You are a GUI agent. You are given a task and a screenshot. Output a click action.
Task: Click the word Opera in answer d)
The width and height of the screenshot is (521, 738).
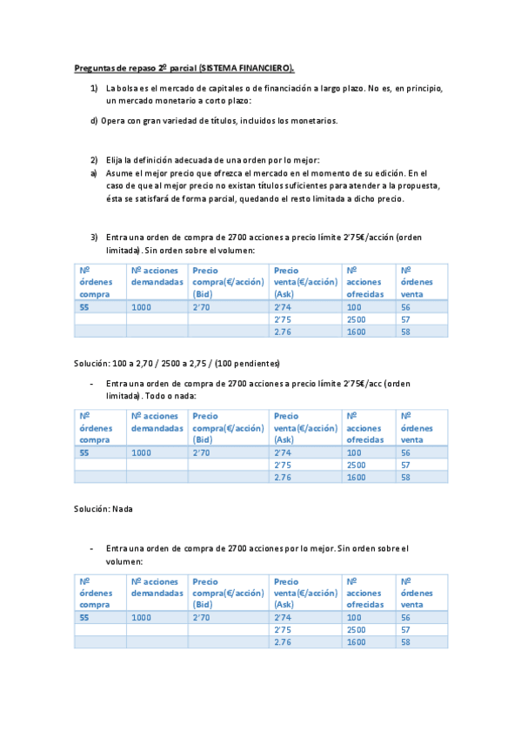click(113, 121)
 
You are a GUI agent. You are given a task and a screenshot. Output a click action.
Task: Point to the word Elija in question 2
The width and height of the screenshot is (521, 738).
click(117, 160)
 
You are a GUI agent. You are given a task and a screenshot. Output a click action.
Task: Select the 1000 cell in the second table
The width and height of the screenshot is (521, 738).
click(140, 453)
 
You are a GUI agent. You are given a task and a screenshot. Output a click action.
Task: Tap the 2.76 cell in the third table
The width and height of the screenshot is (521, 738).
click(282, 641)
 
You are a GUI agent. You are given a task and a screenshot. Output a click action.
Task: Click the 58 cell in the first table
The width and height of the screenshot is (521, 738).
click(405, 331)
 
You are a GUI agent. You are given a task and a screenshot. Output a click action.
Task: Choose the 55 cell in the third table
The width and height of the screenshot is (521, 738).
click(84, 617)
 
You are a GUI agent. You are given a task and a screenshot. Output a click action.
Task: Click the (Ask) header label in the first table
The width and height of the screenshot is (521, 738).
click(284, 294)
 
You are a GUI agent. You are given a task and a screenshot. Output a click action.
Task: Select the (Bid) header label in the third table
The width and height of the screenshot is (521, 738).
click(202, 604)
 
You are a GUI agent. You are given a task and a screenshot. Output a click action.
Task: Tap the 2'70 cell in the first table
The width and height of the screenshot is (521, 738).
click(201, 307)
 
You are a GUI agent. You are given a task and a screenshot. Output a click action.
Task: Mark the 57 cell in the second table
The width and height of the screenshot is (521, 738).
click(405, 465)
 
